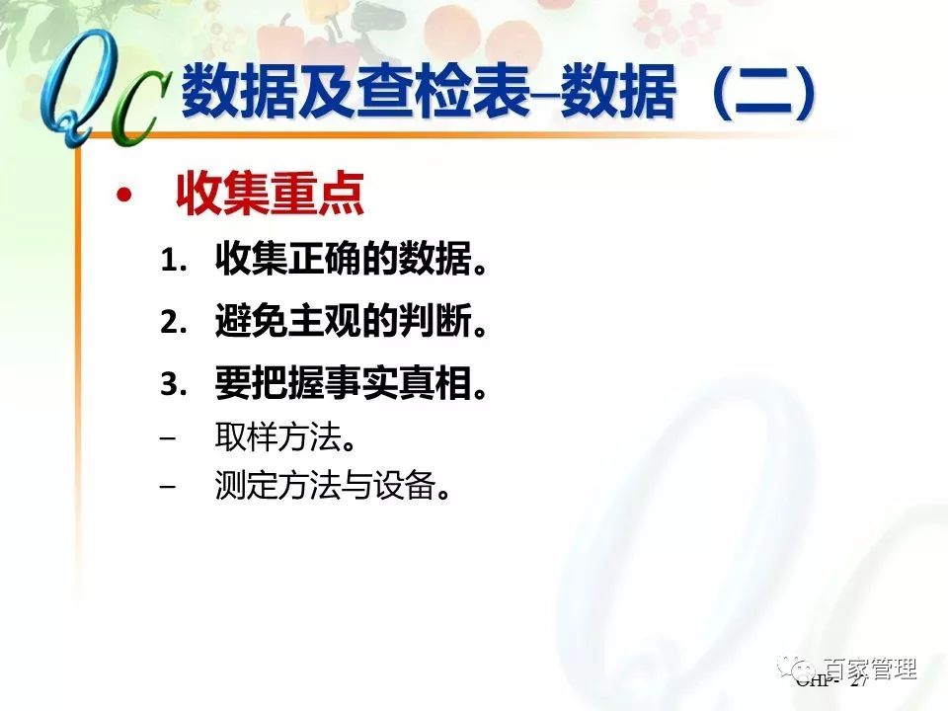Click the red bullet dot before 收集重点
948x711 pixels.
[122, 197]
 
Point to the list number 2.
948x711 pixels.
[173, 323]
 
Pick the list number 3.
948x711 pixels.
[173, 385]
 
